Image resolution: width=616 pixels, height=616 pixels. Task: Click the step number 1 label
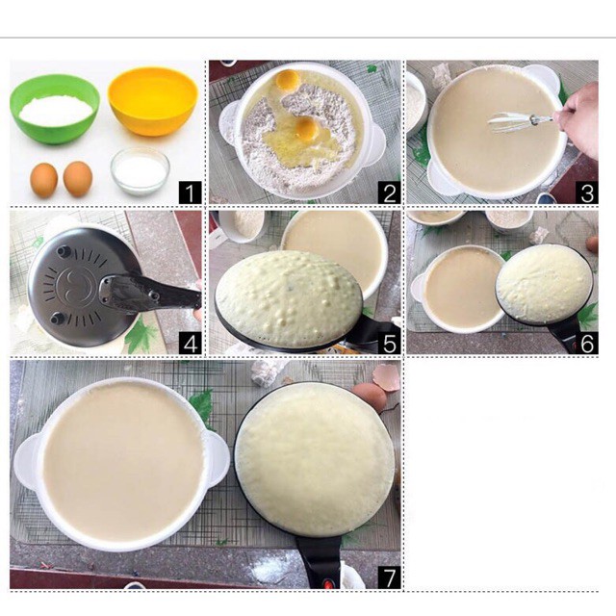(x=191, y=192)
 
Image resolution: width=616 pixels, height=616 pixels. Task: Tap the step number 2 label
(x=389, y=192)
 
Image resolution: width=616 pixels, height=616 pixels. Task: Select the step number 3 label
(x=587, y=192)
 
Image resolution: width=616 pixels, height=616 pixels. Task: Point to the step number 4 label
(x=191, y=344)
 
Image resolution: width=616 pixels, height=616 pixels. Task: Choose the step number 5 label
(x=389, y=344)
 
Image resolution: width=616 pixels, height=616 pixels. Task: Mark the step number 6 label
(x=587, y=344)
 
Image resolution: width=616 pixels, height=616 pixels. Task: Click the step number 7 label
(x=389, y=577)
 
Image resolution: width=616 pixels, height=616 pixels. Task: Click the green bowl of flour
(x=55, y=109)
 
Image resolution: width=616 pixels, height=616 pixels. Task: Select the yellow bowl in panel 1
(x=153, y=101)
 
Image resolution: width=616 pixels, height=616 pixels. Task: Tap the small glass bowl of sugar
(x=140, y=171)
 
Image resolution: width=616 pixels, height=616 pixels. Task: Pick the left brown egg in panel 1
(x=44, y=180)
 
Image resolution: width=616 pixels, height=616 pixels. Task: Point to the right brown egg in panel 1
(x=78, y=179)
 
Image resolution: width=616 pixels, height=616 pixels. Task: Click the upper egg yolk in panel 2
(x=287, y=79)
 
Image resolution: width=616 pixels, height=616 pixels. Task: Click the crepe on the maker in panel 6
(x=545, y=284)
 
